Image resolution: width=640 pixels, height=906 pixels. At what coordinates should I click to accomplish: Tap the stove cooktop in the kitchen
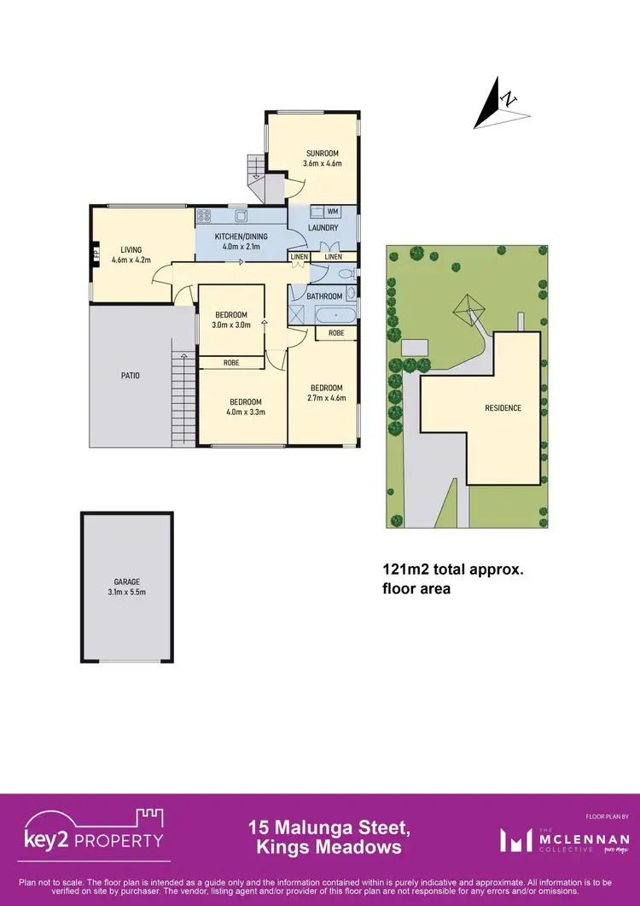(205, 216)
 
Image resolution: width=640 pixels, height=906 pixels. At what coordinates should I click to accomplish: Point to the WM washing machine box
(332, 211)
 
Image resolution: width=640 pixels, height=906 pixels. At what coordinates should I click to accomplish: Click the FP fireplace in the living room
(96, 254)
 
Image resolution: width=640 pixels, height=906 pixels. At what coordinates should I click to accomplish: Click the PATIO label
(130, 376)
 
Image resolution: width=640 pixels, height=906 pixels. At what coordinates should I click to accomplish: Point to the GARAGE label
(126, 582)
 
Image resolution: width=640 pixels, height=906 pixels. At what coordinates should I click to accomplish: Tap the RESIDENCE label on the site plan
(503, 408)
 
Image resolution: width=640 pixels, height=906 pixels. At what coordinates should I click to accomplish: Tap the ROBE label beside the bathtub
(335, 333)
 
